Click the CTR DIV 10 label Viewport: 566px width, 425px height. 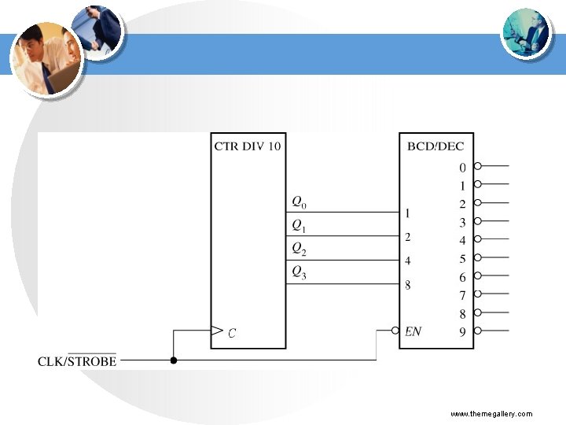[248, 146]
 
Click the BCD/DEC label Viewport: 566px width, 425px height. [436, 146]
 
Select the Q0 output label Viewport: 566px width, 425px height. [299, 201]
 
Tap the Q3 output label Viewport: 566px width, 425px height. [299, 272]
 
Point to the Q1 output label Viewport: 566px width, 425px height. [299, 225]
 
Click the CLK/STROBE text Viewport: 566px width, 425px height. [77, 361]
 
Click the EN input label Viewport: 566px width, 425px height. [413, 331]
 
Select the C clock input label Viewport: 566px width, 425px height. [231, 333]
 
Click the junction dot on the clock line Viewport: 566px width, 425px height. [174, 361]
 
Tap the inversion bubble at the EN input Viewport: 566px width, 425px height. [394, 331]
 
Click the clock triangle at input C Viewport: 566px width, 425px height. [218, 331]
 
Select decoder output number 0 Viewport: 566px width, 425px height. [462, 167]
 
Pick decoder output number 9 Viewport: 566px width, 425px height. [462, 332]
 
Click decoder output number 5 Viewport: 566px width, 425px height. [462, 259]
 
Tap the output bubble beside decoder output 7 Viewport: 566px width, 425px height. [478, 294]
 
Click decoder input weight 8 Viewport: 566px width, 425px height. [407, 285]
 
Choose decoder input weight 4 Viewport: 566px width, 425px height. [407, 261]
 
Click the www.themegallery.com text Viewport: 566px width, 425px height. [491, 414]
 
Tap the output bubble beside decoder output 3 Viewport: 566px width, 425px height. [478, 221]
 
